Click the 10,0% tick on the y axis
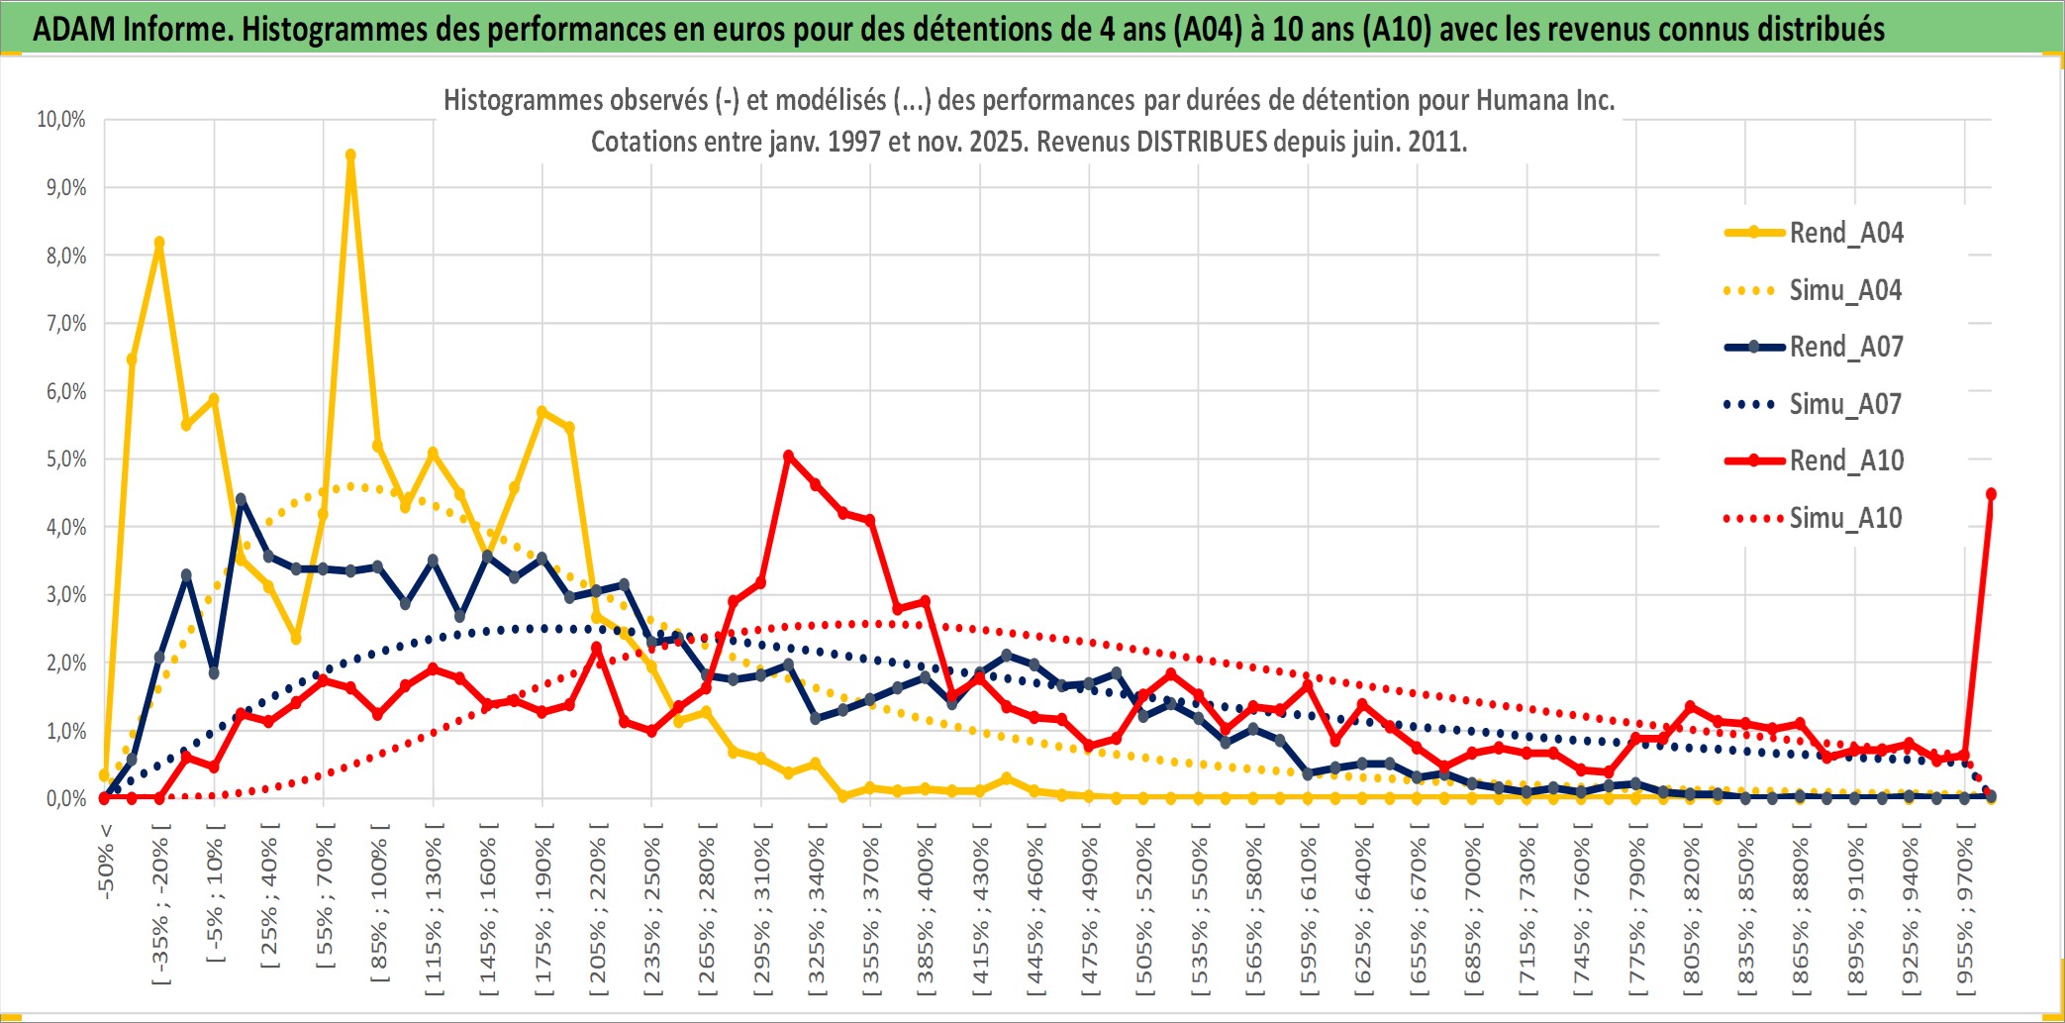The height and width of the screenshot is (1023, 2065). coord(61,120)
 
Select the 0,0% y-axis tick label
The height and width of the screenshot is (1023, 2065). coord(65,798)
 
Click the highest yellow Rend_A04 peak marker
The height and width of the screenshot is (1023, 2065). coord(350,155)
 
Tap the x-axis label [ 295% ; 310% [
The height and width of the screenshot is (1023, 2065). coord(761,911)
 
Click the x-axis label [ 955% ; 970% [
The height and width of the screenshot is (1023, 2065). coord(1965,911)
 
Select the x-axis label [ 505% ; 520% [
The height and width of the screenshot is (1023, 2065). coord(1144,911)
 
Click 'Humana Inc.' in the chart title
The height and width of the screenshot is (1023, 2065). coord(1544,100)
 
